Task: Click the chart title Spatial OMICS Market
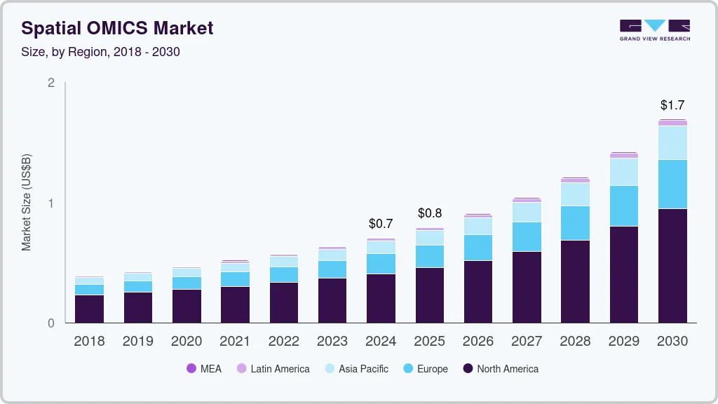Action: point(117,29)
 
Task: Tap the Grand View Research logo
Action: point(654,29)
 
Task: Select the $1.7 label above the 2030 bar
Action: point(672,105)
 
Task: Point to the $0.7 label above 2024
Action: point(381,224)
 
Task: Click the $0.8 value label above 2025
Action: point(430,213)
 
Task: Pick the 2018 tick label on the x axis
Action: point(89,341)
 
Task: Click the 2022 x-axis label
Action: point(283,341)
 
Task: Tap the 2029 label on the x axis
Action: point(624,341)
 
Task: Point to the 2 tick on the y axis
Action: point(50,83)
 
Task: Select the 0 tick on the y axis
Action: point(50,323)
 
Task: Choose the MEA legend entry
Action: point(204,369)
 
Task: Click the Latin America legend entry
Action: point(273,369)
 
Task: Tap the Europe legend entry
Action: point(425,369)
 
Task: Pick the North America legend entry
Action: point(500,369)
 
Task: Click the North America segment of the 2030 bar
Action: point(672,266)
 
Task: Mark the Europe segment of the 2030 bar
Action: point(672,184)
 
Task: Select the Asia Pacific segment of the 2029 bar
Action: point(624,172)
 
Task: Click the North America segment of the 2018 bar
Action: point(89,309)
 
